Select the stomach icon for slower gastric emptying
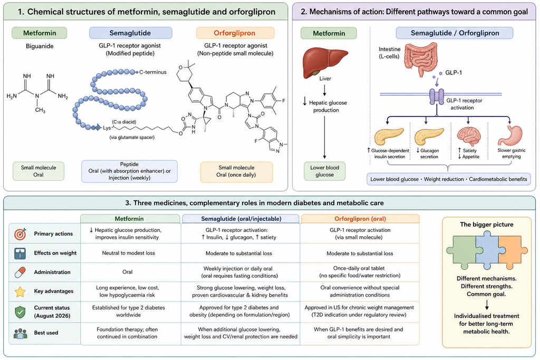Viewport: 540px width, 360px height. pyautogui.click(x=511, y=136)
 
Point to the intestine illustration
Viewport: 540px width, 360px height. pyautogui.click(x=420, y=59)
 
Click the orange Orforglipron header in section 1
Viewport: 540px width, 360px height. pyautogui.click(x=235, y=33)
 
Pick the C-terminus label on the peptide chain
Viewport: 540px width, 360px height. pyautogui.click(x=152, y=72)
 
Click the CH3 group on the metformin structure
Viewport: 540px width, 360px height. pyautogui.click(x=40, y=110)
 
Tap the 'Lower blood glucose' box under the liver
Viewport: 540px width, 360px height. pyautogui.click(x=324, y=171)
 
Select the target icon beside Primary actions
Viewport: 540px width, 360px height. pyautogui.click(x=21, y=233)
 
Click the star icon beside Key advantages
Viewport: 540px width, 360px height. pyautogui.click(x=21, y=291)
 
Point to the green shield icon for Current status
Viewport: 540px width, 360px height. pyautogui.click(x=21, y=312)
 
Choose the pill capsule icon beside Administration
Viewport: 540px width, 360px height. pyautogui.click(x=21, y=272)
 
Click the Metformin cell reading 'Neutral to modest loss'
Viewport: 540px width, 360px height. pyautogui.click(x=129, y=253)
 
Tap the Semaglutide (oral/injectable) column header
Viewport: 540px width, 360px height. pyautogui.click(x=240, y=219)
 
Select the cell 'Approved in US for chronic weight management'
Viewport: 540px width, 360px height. pyautogui.click(x=359, y=307)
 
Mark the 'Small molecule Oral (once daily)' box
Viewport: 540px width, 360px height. pyautogui.click(x=236, y=171)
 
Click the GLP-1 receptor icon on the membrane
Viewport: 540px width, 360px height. pyautogui.click(x=437, y=96)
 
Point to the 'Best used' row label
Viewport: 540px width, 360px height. pyautogui.click(x=46, y=333)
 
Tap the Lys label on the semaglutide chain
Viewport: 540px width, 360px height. pyautogui.click(x=107, y=128)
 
